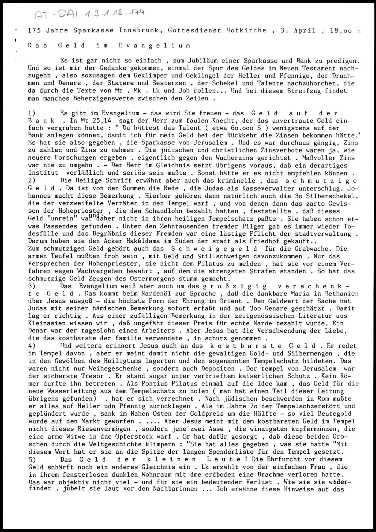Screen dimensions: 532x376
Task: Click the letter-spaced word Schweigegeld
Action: click(214, 249)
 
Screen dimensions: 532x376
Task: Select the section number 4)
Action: click(32, 346)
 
